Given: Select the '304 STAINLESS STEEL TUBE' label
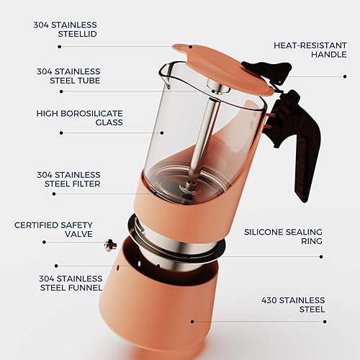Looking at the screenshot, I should coord(69,76).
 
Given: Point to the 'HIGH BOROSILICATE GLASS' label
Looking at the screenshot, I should coord(69,118).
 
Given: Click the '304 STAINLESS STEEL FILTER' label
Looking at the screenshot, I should coord(69,179).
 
